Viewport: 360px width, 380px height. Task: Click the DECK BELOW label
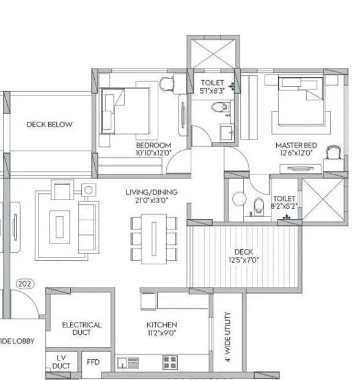point(50,124)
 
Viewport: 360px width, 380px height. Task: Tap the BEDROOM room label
point(153,145)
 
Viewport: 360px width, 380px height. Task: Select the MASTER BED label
point(296,145)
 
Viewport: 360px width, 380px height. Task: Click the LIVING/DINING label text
point(147,192)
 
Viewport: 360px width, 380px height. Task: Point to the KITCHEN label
point(161,324)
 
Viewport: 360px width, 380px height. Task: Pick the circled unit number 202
point(25,284)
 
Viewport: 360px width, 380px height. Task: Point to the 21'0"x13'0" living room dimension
point(147,200)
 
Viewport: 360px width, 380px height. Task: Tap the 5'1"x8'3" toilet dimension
point(213,89)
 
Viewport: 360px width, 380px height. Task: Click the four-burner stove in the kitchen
point(169,362)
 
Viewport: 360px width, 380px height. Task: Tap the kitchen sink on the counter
point(127,362)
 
